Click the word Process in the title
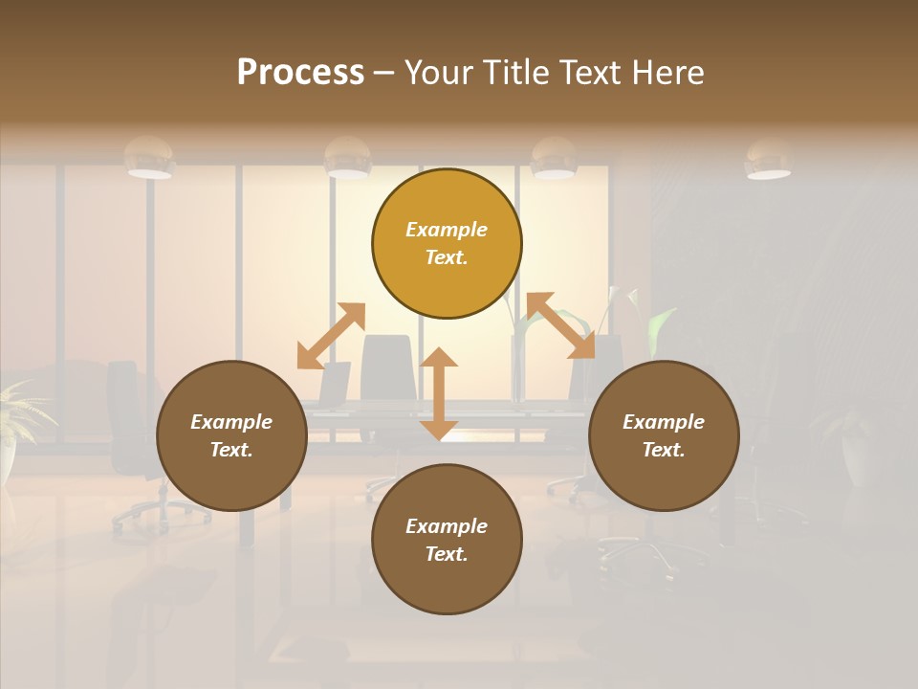(x=300, y=73)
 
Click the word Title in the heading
(x=514, y=73)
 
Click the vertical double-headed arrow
(x=439, y=393)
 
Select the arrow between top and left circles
(x=331, y=336)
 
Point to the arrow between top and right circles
(x=560, y=325)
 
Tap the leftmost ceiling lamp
(x=149, y=158)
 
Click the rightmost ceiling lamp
(x=768, y=160)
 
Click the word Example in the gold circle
(x=447, y=230)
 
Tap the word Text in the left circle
(x=231, y=450)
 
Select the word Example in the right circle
(x=664, y=422)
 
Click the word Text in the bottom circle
(x=447, y=554)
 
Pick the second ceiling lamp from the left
(x=347, y=159)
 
